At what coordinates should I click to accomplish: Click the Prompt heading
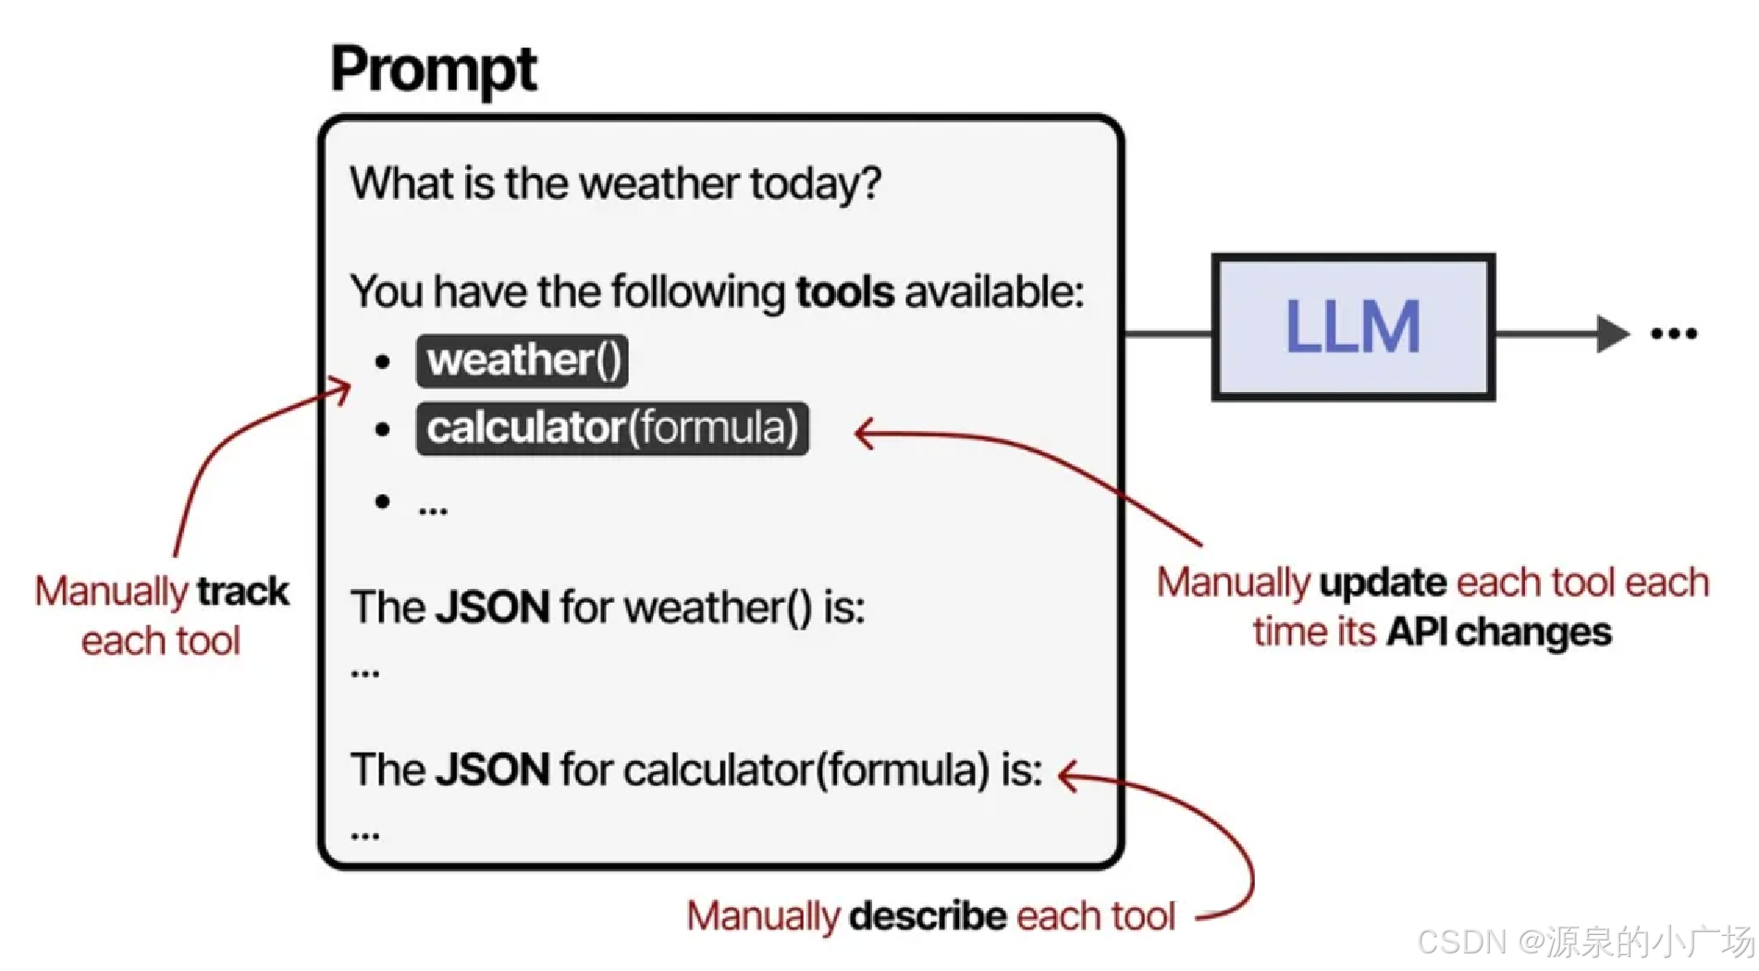(x=434, y=69)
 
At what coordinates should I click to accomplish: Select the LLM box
(x=1353, y=326)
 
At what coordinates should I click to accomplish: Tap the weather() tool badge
(x=523, y=361)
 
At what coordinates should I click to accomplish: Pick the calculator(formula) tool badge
(x=612, y=429)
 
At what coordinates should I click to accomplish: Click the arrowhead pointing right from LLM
(x=1612, y=334)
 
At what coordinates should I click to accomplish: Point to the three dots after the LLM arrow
(x=1674, y=334)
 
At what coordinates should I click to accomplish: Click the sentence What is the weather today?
(x=615, y=183)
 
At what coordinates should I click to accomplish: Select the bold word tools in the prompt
(x=844, y=292)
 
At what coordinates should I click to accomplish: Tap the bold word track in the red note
(x=243, y=592)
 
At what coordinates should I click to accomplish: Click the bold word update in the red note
(x=1383, y=583)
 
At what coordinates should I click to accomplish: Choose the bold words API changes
(x=1498, y=633)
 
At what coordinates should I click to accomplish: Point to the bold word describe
(x=928, y=916)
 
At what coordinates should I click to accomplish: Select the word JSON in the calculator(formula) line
(x=493, y=769)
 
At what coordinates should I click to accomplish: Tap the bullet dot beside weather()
(x=383, y=362)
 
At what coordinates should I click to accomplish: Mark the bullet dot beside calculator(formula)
(x=383, y=429)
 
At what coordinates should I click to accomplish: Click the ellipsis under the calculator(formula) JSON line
(x=365, y=836)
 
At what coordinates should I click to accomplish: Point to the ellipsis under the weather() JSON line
(x=365, y=673)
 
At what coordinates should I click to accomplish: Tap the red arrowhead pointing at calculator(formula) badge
(x=864, y=433)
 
